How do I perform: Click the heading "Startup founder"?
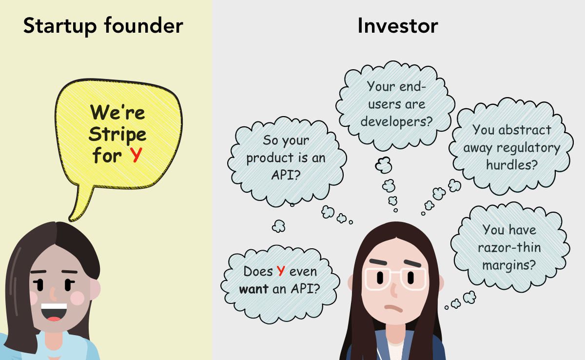(x=103, y=26)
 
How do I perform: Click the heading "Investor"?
(x=397, y=26)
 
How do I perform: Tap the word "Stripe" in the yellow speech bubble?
(x=118, y=134)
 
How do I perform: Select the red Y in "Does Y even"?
(x=281, y=271)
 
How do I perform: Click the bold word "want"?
(x=253, y=289)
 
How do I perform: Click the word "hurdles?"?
(x=511, y=164)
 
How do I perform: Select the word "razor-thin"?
(x=509, y=247)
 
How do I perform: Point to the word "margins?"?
(x=509, y=265)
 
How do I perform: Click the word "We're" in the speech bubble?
(x=117, y=113)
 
